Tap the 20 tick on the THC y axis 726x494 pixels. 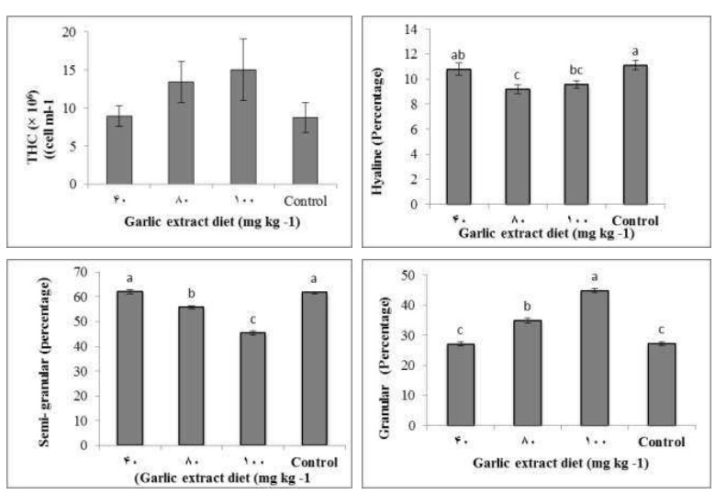click(71, 32)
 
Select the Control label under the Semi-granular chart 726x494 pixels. click(312, 461)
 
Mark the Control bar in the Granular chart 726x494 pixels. click(662, 384)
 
